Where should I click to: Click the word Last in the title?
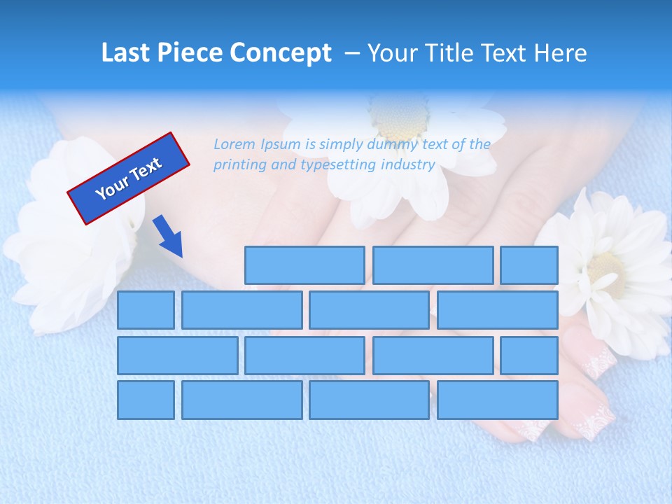(127, 53)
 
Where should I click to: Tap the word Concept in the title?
(281, 53)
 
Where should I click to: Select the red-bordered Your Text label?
(129, 178)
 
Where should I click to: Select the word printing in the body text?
(238, 165)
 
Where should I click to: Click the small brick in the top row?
(529, 265)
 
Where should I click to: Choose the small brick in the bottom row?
(146, 400)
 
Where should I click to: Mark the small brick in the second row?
(146, 309)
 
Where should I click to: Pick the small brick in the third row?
(529, 355)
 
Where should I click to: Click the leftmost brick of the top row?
(304, 265)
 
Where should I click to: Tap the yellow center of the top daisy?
(400, 116)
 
